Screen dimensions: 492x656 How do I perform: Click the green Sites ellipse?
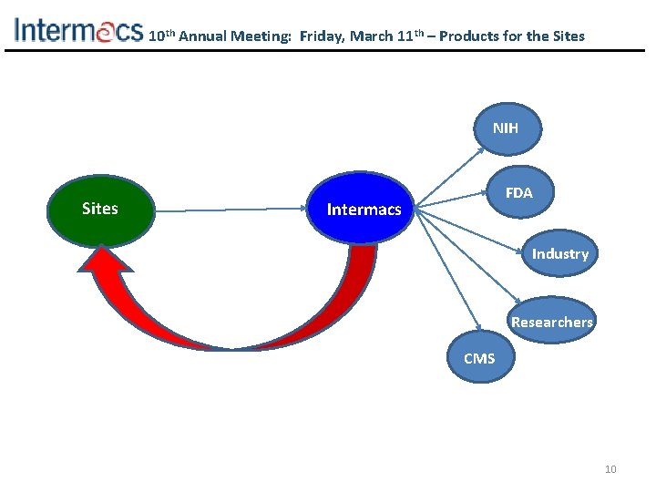(x=99, y=209)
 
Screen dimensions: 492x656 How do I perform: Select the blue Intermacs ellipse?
(x=364, y=210)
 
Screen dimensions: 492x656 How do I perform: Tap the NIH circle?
(x=505, y=128)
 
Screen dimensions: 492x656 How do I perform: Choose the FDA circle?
(x=518, y=193)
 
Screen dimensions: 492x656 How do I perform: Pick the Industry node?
(x=559, y=254)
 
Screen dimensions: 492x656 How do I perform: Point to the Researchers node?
(x=551, y=322)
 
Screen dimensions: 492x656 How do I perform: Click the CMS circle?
(x=479, y=358)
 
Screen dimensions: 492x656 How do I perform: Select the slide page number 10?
(x=610, y=469)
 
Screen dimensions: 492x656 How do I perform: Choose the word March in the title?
(x=372, y=36)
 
